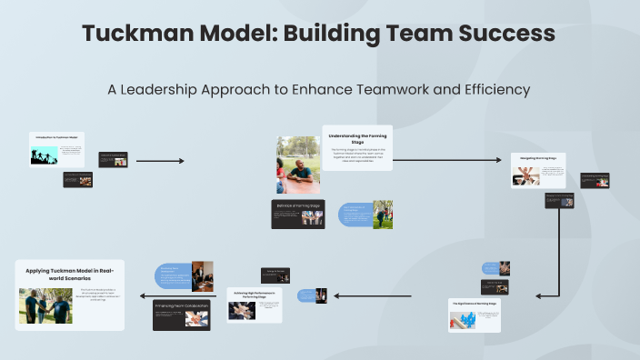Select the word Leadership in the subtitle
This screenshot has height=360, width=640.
tap(175, 90)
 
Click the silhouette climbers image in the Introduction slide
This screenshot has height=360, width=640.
tap(44, 155)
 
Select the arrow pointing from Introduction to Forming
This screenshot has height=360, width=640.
tap(160, 161)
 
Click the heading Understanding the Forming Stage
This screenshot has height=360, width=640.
tap(357, 138)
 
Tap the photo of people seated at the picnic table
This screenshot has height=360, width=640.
tap(297, 165)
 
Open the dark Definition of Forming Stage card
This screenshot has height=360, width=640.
tap(299, 213)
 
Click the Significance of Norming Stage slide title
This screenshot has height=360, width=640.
tap(474, 303)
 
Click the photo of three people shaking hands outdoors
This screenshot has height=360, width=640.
tap(45, 306)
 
